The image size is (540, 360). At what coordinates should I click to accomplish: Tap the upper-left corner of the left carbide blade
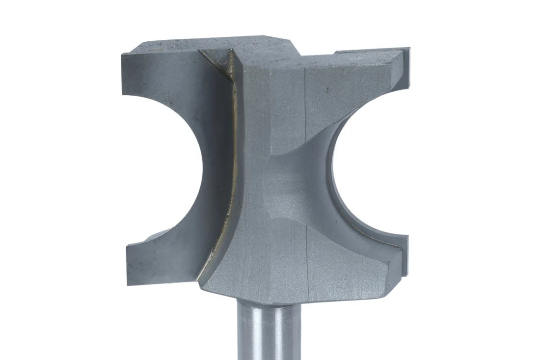click(x=122, y=54)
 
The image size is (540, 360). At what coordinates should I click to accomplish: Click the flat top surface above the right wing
click(x=363, y=53)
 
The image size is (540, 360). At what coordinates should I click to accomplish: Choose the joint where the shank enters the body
click(x=265, y=301)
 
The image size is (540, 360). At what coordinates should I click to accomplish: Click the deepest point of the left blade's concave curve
click(x=202, y=167)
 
